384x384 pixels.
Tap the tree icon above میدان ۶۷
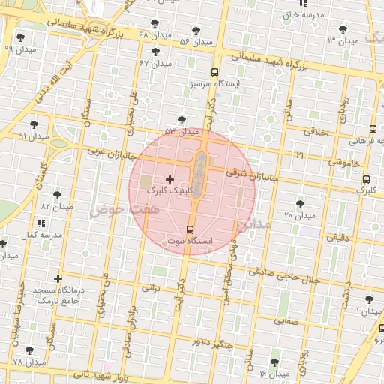pyautogui.click(x=155, y=52)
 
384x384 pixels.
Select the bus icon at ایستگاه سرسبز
pyautogui.click(x=215, y=73)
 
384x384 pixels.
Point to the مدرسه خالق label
pyautogui.click(x=303, y=14)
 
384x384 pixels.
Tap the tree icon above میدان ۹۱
pyautogui.click(x=33, y=125)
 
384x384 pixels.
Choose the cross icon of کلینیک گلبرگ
pyautogui.click(x=169, y=179)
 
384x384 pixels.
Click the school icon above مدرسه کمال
pyautogui.click(x=40, y=223)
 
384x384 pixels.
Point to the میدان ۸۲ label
pyautogui.click(x=56, y=205)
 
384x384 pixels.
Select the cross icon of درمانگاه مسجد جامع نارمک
pyautogui.click(x=58, y=279)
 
